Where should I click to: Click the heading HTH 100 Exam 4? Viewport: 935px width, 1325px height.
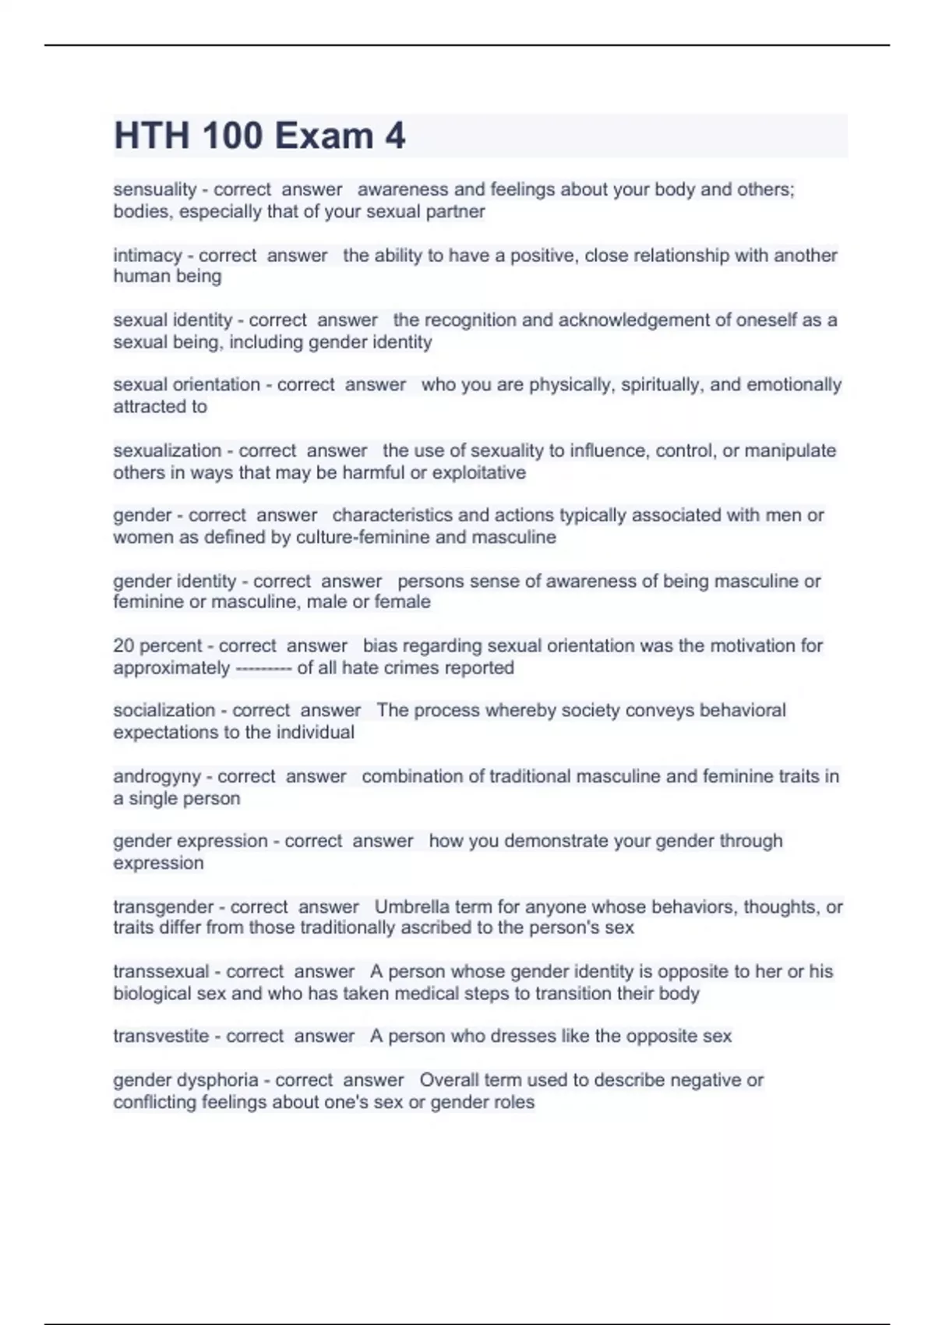pos(259,136)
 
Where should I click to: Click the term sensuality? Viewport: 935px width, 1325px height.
pos(154,189)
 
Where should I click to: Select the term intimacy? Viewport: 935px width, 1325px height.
pos(147,255)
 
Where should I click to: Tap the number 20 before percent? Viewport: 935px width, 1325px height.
pos(124,645)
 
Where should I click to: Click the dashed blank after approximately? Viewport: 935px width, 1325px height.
pos(263,668)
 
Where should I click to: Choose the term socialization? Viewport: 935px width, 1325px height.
pos(164,710)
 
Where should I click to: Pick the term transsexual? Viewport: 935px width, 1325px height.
pos(161,971)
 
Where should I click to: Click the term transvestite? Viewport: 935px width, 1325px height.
pos(161,1036)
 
